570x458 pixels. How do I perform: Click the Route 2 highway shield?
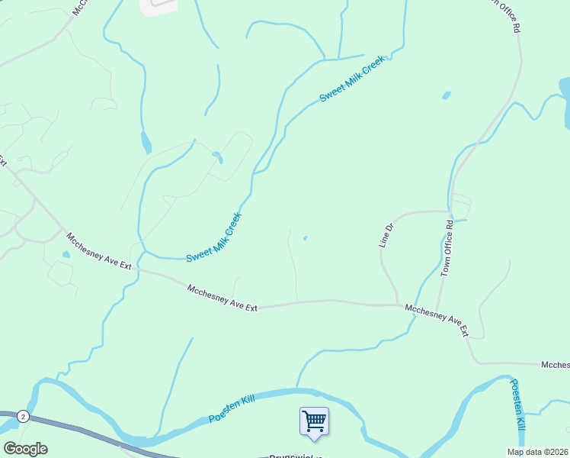(24, 416)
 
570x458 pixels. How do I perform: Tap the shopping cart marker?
(314, 421)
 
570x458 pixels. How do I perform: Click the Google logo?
(25, 449)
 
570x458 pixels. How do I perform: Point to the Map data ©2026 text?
(538, 452)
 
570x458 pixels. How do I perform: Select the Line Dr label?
(386, 235)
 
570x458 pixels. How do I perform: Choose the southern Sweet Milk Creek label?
(213, 237)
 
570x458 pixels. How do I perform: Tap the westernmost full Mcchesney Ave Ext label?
(99, 250)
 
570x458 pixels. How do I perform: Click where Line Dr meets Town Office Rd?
(450, 211)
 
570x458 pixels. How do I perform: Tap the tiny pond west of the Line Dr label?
(306, 238)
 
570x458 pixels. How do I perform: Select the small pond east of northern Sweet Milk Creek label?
(446, 96)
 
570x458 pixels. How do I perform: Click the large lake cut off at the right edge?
(565, 103)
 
